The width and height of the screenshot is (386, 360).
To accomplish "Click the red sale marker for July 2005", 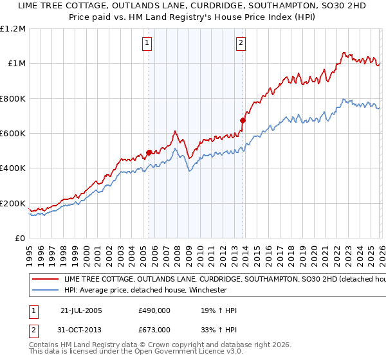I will pyautogui.click(x=149, y=152).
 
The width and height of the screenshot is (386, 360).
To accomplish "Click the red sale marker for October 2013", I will pyautogui.click(x=243, y=120).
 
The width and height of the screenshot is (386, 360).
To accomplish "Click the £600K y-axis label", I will pyautogui.click(x=12, y=134).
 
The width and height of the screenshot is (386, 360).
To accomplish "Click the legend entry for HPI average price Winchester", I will pyautogui.click(x=145, y=290).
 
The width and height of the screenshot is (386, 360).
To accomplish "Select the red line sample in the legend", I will pyautogui.click(x=45, y=280).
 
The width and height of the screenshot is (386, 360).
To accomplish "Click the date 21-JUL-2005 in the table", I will pyautogui.click(x=81, y=310).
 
